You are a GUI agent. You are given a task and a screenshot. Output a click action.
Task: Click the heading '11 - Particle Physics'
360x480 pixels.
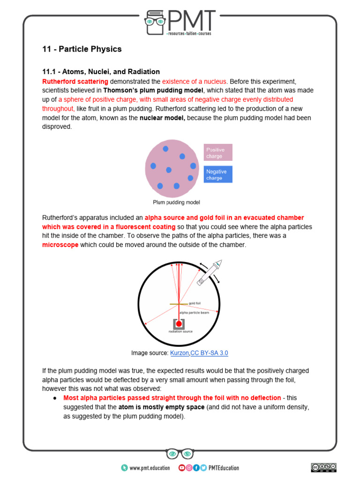click(82, 49)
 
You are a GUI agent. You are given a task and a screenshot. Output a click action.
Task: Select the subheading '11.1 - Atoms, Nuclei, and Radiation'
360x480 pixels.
click(101, 72)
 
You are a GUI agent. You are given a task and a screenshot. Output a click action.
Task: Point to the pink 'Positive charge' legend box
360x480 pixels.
click(218, 153)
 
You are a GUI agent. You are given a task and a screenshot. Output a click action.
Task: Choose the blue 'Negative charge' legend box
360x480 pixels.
click(218, 175)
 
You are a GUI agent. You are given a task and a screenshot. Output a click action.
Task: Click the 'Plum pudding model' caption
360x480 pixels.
click(177, 202)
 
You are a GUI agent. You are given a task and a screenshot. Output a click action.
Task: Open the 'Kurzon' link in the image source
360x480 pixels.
click(180, 353)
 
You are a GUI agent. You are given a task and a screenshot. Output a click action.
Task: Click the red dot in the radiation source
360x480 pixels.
click(179, 323)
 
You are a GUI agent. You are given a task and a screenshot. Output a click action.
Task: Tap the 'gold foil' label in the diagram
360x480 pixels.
click(195, 303)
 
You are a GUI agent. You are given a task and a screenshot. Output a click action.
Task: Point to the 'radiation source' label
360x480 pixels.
click(180, 331)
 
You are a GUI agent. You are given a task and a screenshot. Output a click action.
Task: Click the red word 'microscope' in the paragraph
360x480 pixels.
click(60, 245)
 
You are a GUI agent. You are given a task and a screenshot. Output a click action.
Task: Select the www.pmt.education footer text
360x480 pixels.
click(149, 468)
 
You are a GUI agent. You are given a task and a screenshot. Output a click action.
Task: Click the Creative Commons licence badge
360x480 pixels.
click(323, 467)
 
